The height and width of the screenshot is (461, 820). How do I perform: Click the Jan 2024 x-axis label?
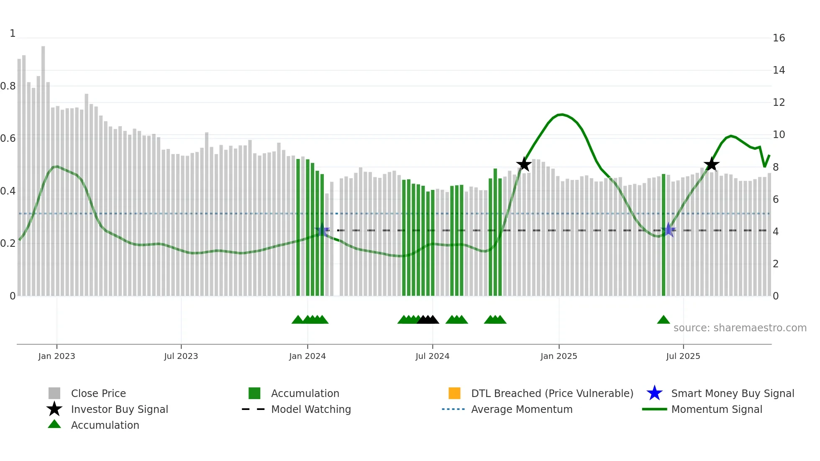point(307,356)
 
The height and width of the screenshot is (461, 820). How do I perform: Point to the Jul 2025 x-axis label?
point(683,356)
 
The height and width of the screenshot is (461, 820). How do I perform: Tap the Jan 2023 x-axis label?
point(56,356)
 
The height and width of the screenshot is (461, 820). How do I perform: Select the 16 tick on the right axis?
point(779,38)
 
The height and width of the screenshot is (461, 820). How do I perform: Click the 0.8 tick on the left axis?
point(8,86)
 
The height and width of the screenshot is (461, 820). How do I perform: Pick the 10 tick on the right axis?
point(779,135)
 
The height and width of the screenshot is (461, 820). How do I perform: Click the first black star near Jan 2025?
point(524,164)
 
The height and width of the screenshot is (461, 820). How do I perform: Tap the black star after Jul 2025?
point(711,164)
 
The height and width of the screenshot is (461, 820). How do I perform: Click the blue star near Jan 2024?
point(322,230)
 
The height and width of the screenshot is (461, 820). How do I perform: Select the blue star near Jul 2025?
point(668,230)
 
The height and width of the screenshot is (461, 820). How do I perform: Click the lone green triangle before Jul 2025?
point(664,320)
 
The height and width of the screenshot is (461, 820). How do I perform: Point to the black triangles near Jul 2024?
point(428,320)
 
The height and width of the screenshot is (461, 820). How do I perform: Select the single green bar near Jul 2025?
point(664,234)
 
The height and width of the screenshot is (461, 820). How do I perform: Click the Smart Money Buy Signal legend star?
point(654,393)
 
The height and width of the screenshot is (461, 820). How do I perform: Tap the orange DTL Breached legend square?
point(454,393)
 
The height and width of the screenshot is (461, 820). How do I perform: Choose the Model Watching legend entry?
point(311,409)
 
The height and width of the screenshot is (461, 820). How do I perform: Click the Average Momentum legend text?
point(522,409)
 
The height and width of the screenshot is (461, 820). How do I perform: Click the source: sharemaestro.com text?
point(740,328)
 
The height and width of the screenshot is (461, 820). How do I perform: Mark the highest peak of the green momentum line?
point(561,114)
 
